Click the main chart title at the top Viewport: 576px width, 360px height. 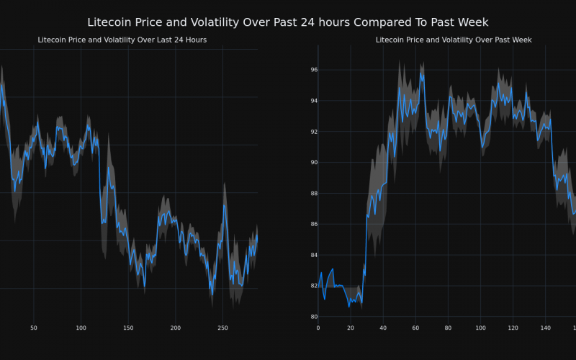(x=288, y=23)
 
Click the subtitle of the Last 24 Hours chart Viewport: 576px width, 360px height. (x=122, y=40)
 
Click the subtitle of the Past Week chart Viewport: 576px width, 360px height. (x=454, y=40)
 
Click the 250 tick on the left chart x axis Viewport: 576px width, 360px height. (x=222, y=328)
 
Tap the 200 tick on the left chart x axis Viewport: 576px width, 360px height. (x=175, y=328)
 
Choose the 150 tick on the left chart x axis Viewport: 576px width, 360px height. (x=128, y=328)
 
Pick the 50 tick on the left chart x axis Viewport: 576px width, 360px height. (x=34, y=328)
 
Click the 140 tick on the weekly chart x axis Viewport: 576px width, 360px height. (x=545, y=328)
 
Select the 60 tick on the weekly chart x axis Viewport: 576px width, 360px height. (x=415, y=328)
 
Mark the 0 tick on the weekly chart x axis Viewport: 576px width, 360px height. (x=318, y=328)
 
